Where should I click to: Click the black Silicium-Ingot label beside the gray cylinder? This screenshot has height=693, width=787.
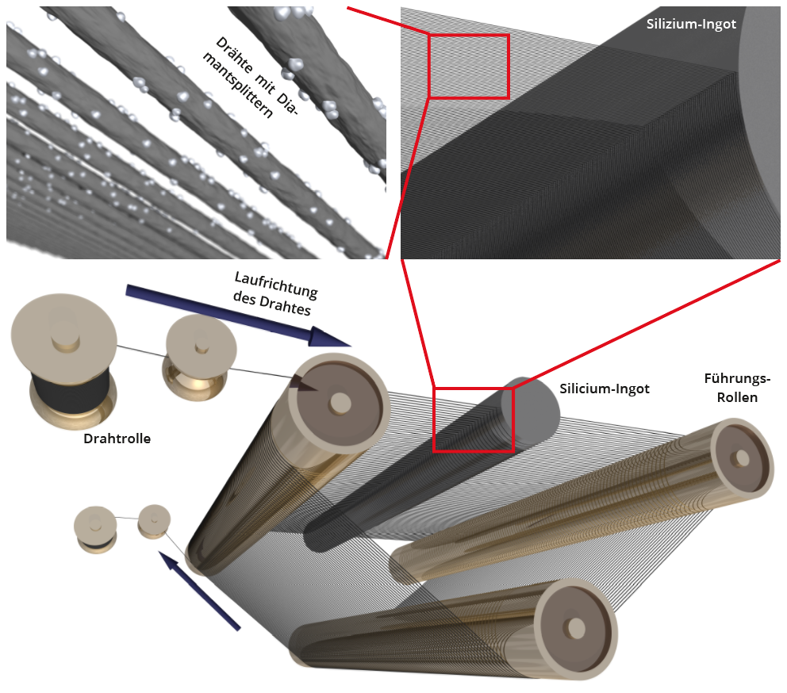click(x=604, y=389)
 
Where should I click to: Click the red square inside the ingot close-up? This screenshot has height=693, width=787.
click(x=468, y=66)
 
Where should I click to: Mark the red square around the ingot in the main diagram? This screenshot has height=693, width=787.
click(x=474, y=419)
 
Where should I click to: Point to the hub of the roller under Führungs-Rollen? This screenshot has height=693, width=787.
click(x=741, y=458)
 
